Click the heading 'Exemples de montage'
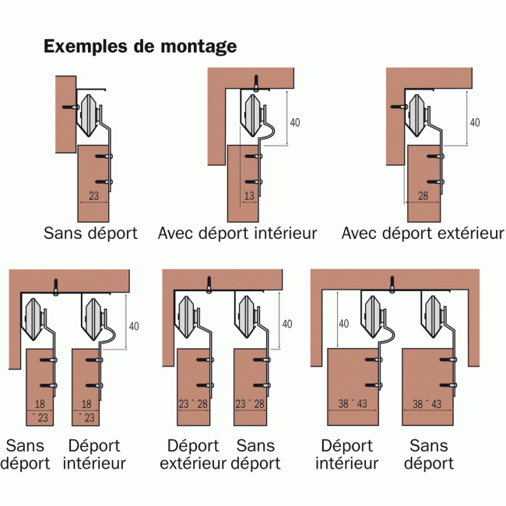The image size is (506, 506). (x=140, y=47)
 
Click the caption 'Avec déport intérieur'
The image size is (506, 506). (x=237, y=233)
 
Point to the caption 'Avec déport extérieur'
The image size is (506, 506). (x=423, y=233)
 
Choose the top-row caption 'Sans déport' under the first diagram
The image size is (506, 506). (x=91, y=233)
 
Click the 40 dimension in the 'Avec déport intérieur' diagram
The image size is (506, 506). (x=294, y=122)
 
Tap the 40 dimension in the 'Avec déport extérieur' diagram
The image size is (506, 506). (x=474, y=122)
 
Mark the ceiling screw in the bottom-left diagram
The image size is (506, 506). (x=56, y=286)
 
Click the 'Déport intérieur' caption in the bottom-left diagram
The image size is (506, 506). (x=95, y=455)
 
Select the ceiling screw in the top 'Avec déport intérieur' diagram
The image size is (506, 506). (x=255, y=80)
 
